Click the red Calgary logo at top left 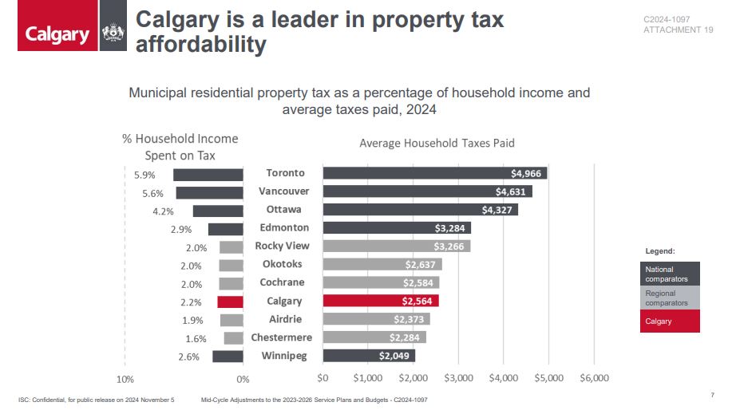[57, 34]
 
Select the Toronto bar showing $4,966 [434, 173]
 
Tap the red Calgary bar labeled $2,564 [381, 301]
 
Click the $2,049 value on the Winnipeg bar [394, 356]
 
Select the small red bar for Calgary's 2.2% [230, 302]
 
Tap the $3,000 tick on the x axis [459, 377]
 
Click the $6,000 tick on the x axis [594, 377]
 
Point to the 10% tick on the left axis [125, 379]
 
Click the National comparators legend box [670, 274]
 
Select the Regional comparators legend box [670, 298]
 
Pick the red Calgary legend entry [670, 321]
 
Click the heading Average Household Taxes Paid [437, 144]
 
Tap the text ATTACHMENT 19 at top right [678, 30]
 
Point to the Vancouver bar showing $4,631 [427, 191]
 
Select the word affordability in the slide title [200, 45]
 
